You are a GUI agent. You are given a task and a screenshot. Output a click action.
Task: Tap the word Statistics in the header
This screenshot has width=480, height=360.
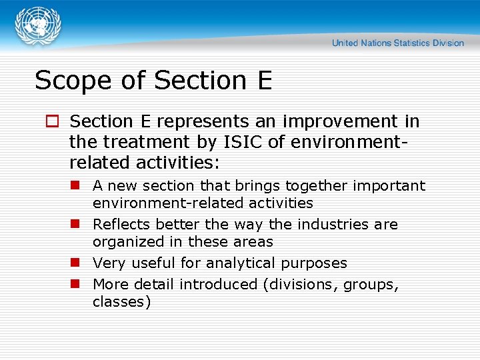click(411, 43)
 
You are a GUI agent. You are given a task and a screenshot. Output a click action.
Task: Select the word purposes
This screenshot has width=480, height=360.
click(315, 264)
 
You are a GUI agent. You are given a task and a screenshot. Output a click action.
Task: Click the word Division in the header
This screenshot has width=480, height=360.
click(447, 43)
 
